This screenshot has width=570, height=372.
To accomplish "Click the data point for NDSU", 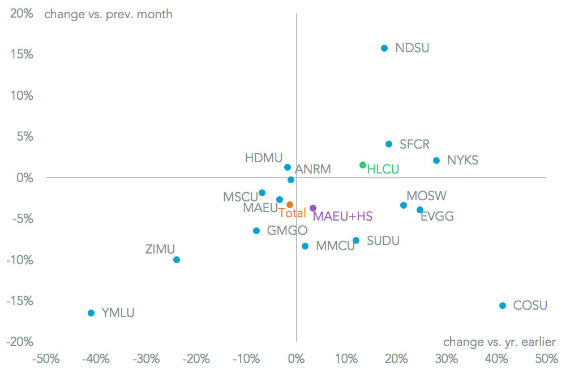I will pyautogui.click(x=384, y=48).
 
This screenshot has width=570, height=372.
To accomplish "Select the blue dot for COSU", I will pyautogui.click(x=503, y=306).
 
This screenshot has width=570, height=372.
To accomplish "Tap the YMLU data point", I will pyautogui.click(x=91, y=313).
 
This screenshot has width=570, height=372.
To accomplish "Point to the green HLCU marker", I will pyautogui.click(x=363, y=165).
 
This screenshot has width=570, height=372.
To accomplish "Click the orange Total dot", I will pyautogui.click(x=290, y=205).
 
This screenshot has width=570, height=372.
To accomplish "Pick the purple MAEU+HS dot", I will pyautogui.click(x=313, y=208).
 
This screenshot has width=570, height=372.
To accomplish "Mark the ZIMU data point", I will pyautogui.click(x=177, y=260).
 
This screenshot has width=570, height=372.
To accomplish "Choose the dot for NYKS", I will pyautogui.click(x=436, y=160).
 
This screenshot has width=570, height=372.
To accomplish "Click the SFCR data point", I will pyautogui.click(x=389, y=144).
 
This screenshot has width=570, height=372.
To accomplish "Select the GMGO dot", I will pyautogui.click(x=256, y=231).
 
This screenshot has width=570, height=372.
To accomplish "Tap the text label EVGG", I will pyautogui.click(x=437, y=216).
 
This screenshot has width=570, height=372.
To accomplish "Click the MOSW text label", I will pyautogui.click(x=427, y=196).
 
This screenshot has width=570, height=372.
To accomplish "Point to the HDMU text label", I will pyautogui.click(x=264, y=158).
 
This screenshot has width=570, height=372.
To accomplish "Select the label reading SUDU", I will pyautogui.click(x=383, y=241).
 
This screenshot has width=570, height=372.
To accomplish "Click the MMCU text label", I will pyautogui.click(x=335, y=246).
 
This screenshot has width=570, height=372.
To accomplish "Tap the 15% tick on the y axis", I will pyautogui.click(x=21, y=54).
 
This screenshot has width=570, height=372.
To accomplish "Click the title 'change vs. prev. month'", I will pyautogui.click(x=108, y=14).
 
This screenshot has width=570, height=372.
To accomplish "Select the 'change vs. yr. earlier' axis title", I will pyautogui.click(x=499, y=341).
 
